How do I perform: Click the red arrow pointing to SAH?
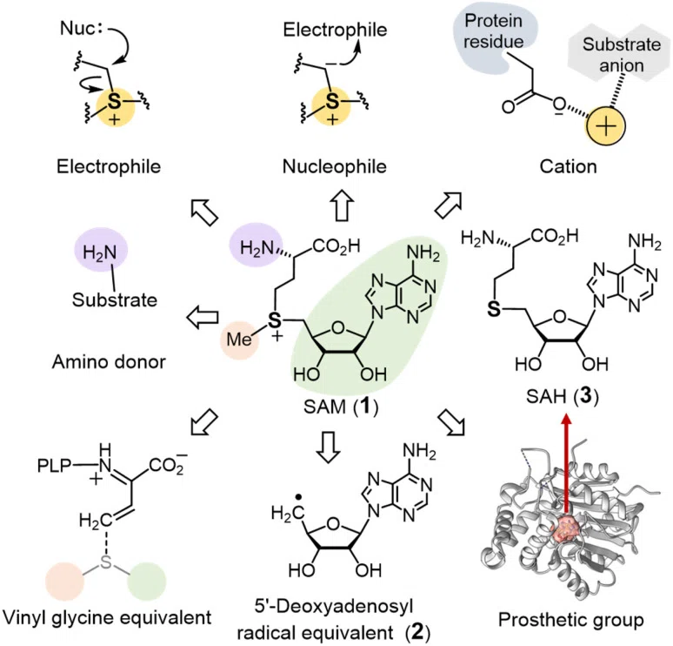coord(567,464)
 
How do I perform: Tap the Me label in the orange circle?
coord(239,340)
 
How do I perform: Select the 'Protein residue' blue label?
coord(494,31)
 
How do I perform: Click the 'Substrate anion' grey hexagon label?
coord(622,55)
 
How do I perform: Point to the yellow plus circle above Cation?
coord(606,126)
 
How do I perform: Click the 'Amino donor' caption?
coord(109,362)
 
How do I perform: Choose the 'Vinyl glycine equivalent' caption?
coord(107,617)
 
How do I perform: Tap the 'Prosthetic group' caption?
coord(571,620)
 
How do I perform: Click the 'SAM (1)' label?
coord(341,407)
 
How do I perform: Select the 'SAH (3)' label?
coord(563,396)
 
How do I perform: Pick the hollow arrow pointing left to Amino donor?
coord(203,318)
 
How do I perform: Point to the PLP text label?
coord(55,466)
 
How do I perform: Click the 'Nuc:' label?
coord(82,29)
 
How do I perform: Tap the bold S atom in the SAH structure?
coord(494,309)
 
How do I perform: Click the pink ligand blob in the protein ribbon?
coord(566,529)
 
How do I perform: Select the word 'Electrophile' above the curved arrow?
coord(335,30)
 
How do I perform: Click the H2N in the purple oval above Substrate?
coord(100,252)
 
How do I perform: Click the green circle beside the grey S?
coord(147,581)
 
